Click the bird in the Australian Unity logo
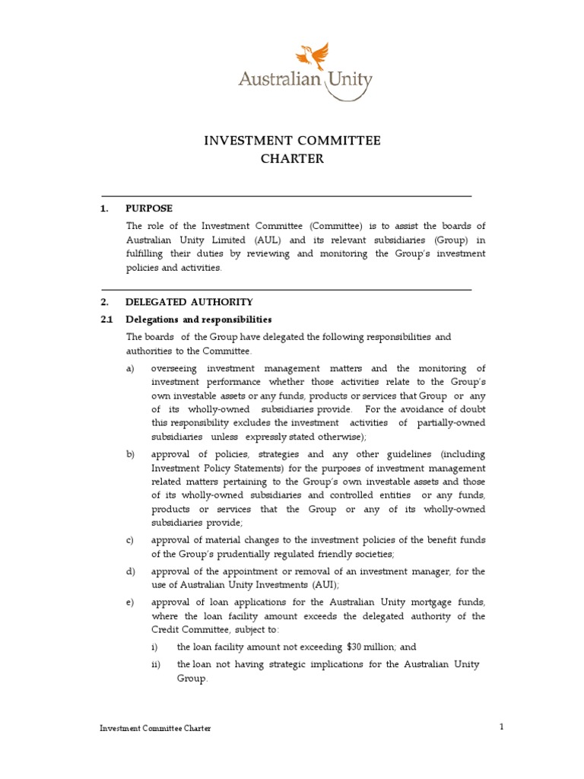[313, 56]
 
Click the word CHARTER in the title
[292, 159]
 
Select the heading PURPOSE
[149, 208]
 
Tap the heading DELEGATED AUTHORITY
[189, 302]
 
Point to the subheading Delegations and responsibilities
[198, 319]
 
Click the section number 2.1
[107, 319]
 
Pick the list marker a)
[131, 368]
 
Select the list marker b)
[131, 454]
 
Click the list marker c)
[131, 540]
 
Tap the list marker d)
[131, 571]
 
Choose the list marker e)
[131, 603]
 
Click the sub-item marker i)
[155, 647]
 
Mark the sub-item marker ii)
[156, 664]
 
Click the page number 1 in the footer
[502, 727]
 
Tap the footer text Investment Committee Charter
[155, 728]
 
